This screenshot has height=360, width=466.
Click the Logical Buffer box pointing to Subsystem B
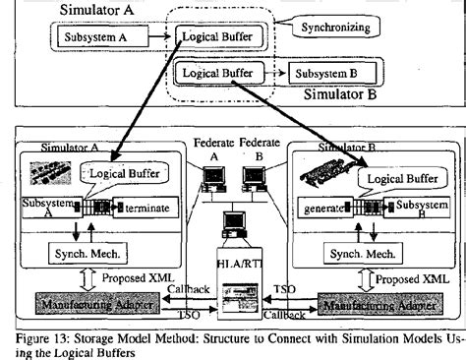(x=221, y=72)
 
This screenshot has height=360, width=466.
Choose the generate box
(x=320, y=210)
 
